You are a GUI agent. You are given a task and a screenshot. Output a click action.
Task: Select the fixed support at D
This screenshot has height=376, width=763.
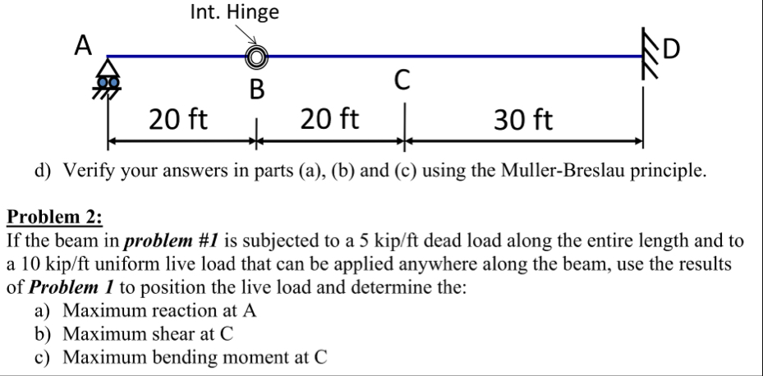click(x=647, y=59)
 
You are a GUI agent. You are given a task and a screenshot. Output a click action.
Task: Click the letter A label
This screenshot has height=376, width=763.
click(x=82, y=46)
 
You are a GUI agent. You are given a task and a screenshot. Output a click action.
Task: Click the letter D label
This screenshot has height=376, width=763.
click(x=671, y=51)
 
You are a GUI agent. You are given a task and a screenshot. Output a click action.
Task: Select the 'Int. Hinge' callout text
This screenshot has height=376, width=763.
click(x=234, y=12)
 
